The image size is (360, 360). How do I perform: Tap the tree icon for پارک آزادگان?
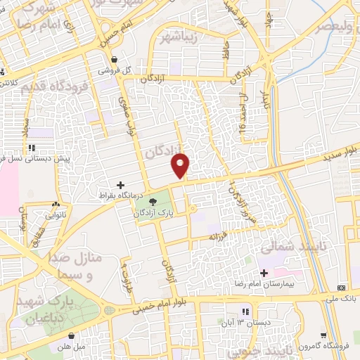164,202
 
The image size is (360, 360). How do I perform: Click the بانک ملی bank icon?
342,288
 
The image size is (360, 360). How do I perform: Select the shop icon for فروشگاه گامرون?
323,335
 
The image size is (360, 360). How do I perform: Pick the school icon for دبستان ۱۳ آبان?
245,311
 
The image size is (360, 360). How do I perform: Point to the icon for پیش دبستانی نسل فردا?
32,148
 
